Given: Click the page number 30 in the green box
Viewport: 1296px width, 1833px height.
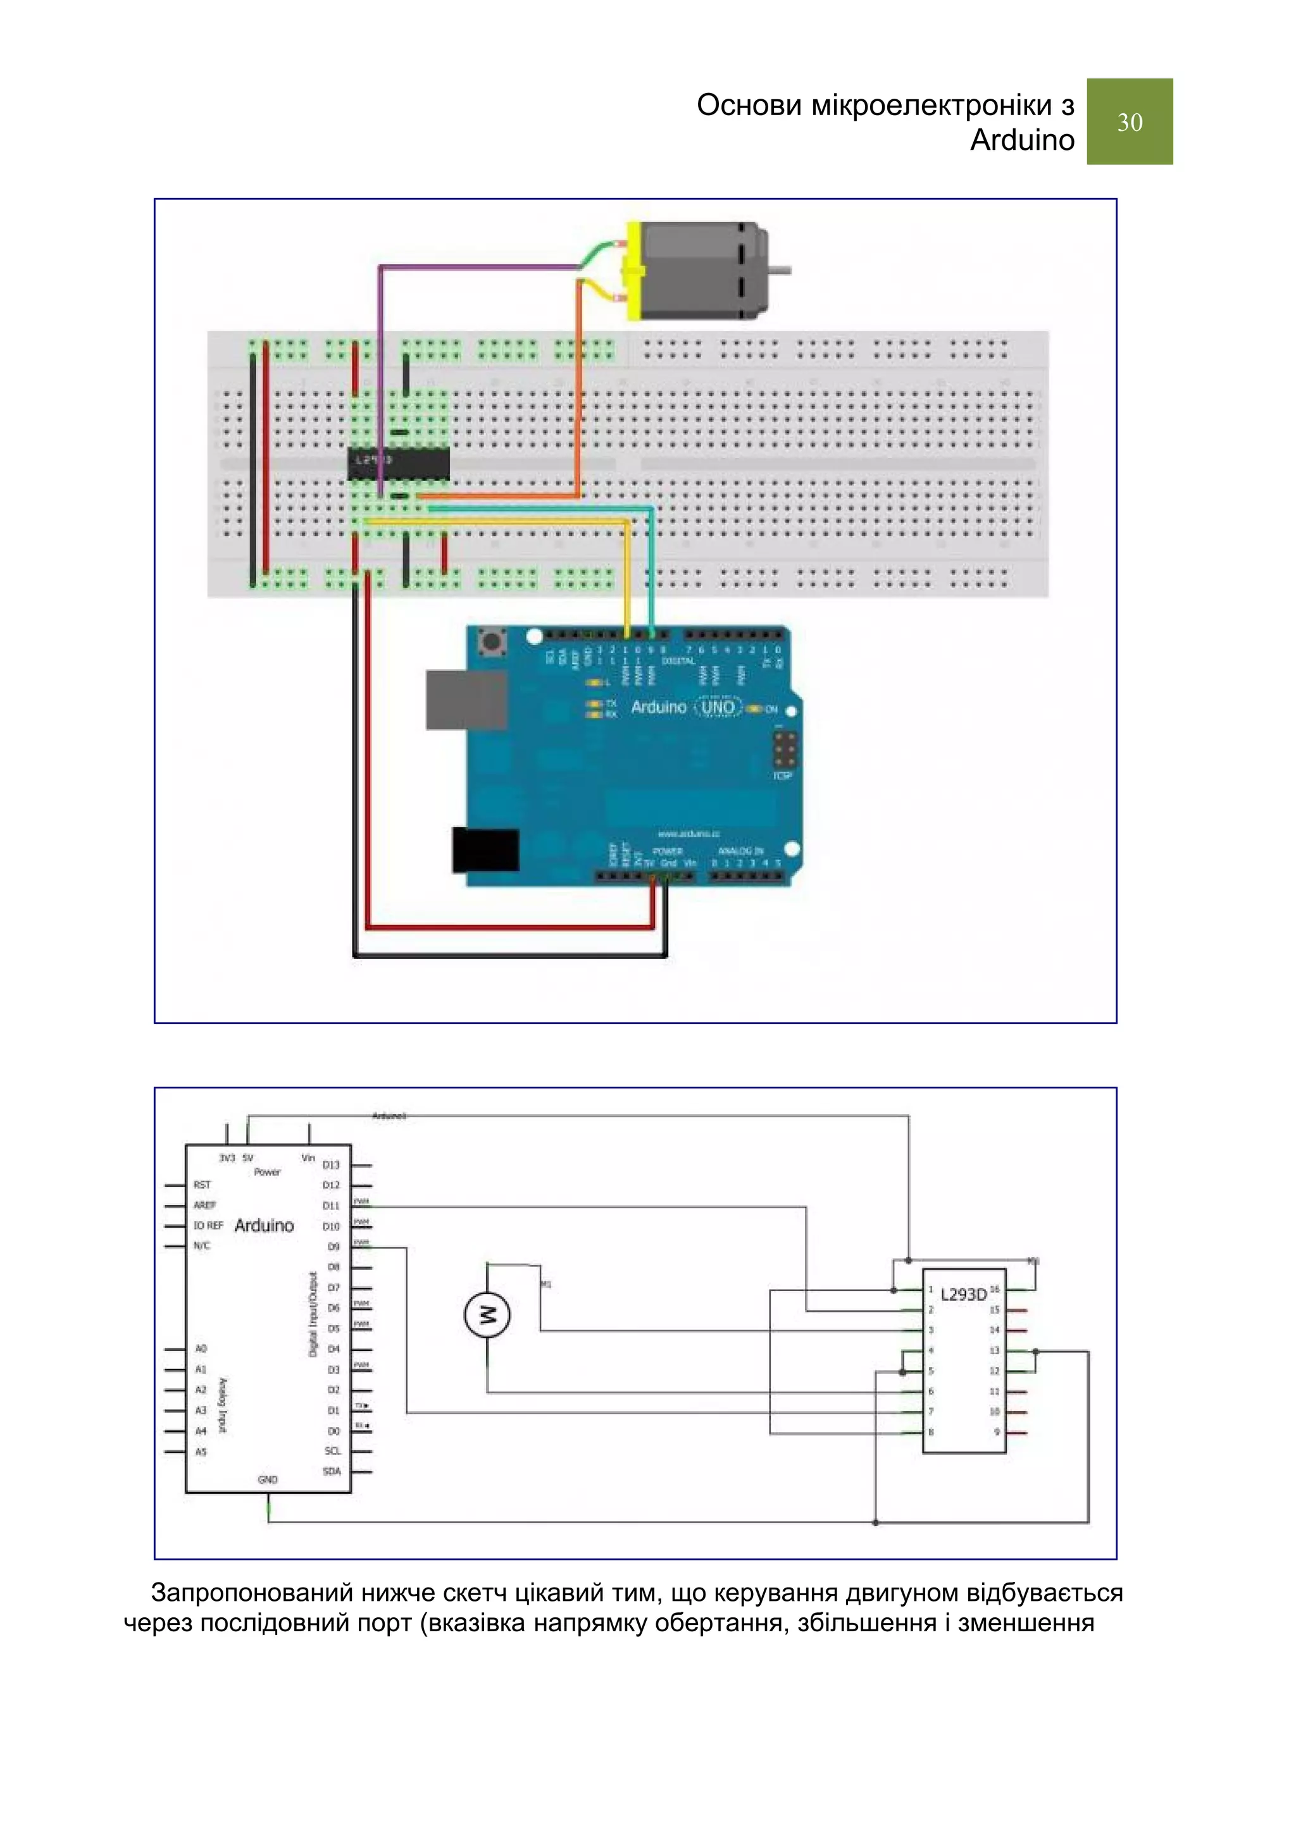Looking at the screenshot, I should click(x=1129, y=122).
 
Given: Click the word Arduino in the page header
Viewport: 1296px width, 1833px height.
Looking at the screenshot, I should click(x=1021, y=140).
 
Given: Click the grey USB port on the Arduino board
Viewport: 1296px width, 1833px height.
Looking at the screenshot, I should click(x=466, y=700).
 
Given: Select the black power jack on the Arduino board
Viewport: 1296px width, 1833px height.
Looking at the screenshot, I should click(x=485, y=849).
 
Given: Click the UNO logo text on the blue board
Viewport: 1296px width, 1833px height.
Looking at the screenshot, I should click(x=717, y=707).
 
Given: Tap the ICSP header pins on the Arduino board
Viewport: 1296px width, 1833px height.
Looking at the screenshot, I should click(x=783, y=750).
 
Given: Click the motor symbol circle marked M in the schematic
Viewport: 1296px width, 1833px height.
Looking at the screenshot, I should click(x=487, y=1313).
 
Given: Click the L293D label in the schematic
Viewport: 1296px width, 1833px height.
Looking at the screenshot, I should click(x=963, y=1294).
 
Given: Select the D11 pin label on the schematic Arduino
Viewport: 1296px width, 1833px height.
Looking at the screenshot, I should click(x=330, y=1206).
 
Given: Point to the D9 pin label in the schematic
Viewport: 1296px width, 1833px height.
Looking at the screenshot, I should click(x=333, y=1246).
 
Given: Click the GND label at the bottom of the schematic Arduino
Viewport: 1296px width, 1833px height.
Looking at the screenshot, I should click(x=268, y=1479).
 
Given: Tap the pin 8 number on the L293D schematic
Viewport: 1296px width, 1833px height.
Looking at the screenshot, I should click(x=930, y=1432).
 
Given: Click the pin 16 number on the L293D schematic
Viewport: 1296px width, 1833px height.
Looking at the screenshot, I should click(x=994, y=1288).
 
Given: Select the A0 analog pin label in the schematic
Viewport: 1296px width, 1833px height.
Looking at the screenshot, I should click(x=201, y=1349).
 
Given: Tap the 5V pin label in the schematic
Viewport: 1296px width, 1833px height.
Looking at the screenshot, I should click(x=247, y=1157).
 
